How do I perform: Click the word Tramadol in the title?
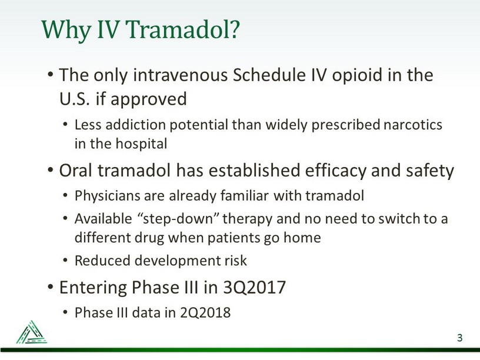click(179, 29)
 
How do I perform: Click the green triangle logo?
click(32, 332)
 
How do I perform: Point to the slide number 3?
click(459, 338)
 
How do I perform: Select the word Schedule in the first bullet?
click(269, 75)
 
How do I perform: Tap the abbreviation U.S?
click(75, 99)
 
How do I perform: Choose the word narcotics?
click(413, 125)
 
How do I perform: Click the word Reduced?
click(102, 261)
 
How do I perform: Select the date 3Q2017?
click(254, 288)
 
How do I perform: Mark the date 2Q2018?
click(205, 313)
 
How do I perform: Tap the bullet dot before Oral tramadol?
click(51, 169)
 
